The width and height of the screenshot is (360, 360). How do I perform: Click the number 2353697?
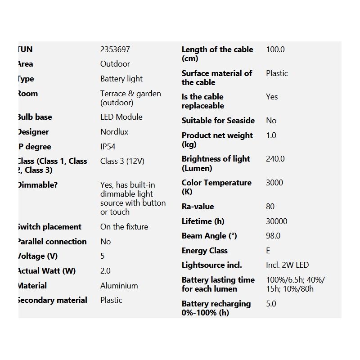115,49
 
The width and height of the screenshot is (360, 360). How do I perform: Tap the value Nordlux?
114,132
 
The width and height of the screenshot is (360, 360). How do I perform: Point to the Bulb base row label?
35,117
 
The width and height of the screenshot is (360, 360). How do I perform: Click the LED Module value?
121,117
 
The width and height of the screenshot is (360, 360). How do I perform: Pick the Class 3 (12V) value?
122,161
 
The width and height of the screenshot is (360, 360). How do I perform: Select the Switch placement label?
49,227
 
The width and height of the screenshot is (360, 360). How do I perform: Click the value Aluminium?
119,286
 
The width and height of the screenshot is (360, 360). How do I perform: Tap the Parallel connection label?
52,242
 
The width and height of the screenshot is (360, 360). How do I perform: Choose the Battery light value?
121,79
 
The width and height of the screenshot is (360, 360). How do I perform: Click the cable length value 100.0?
275,49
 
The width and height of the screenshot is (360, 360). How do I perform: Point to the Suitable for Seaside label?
218,121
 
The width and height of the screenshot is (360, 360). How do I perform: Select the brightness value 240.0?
275,159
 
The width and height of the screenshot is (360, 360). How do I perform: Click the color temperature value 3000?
274,183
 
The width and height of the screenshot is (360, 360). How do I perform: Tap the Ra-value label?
198,207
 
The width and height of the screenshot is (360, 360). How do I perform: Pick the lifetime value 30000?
276,221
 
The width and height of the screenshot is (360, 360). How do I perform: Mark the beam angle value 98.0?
273,236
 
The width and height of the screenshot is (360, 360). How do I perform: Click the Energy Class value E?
268,251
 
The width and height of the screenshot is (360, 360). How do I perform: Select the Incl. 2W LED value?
287,265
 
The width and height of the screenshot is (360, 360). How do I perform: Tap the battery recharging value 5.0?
271,304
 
